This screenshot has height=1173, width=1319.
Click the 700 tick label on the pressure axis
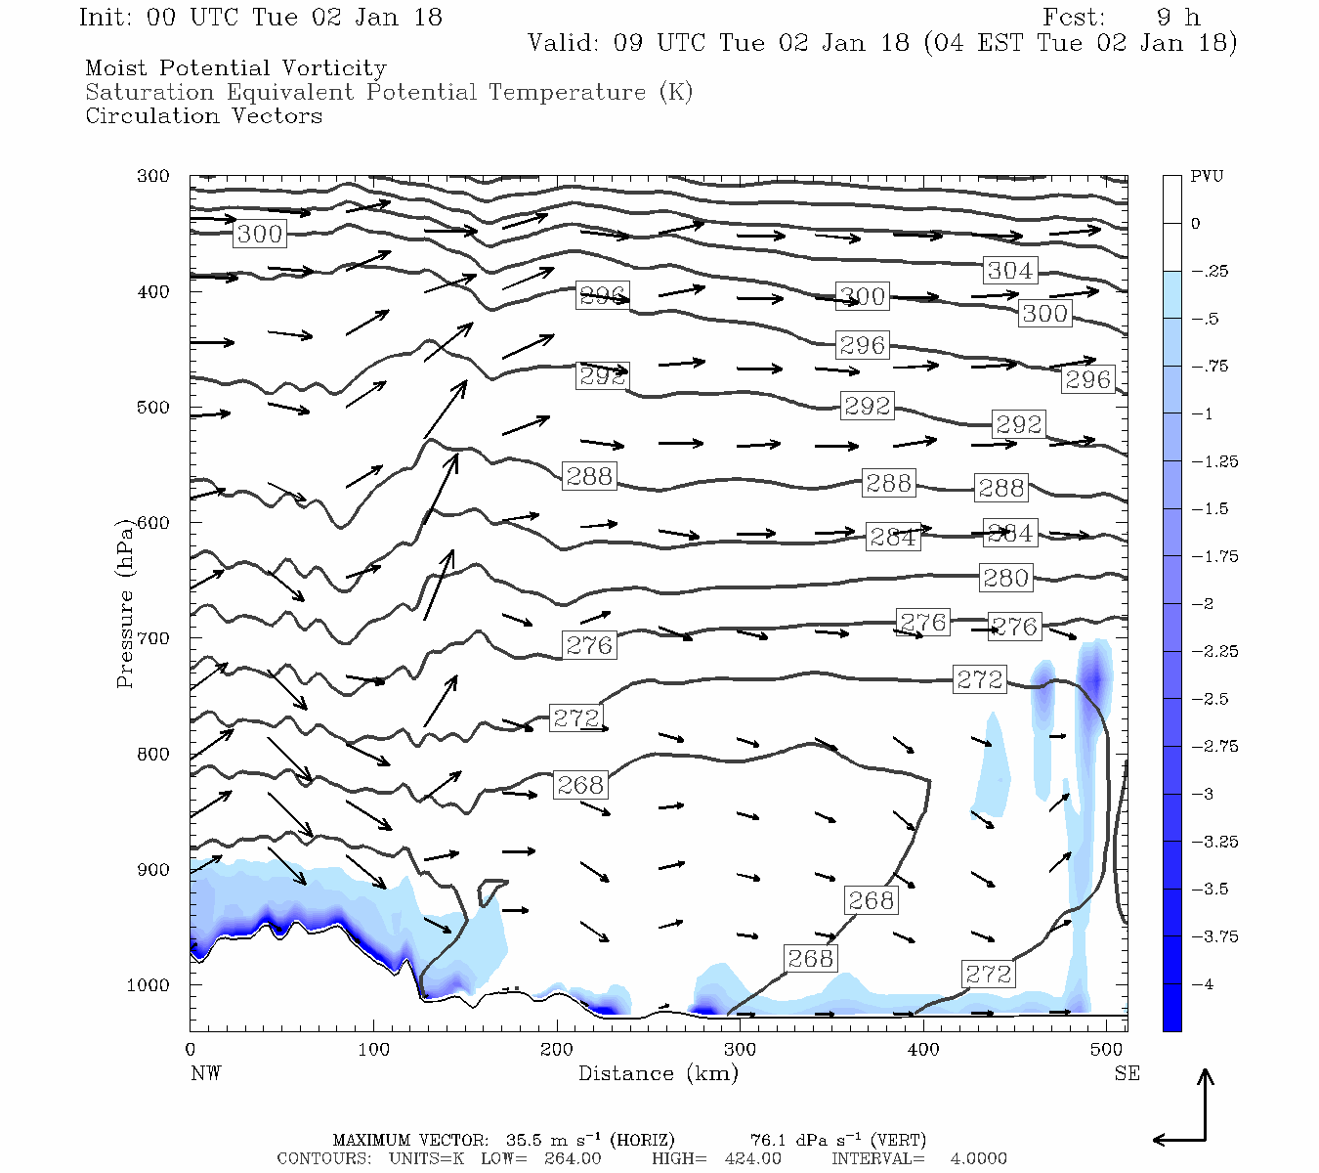point(152,638)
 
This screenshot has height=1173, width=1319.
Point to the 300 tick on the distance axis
point(740,1050)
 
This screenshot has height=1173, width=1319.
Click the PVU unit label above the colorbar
point(1207,176)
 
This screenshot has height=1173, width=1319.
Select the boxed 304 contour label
point(1009,270)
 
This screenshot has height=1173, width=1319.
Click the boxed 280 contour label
point(1005,578)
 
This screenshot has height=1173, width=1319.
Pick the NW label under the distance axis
point(205,1073)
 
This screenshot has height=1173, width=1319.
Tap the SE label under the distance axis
point(1127,1073)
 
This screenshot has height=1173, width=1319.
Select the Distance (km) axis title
point(658,1073)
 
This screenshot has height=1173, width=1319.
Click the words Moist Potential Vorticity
point(235,68)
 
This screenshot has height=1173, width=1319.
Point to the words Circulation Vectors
point(203,115)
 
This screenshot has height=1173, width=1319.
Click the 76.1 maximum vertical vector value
point(770,1140)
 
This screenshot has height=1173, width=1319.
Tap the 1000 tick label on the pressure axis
point(149,985)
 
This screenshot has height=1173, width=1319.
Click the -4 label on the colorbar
point(1202,984)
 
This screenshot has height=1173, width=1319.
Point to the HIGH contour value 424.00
point(752,1158)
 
